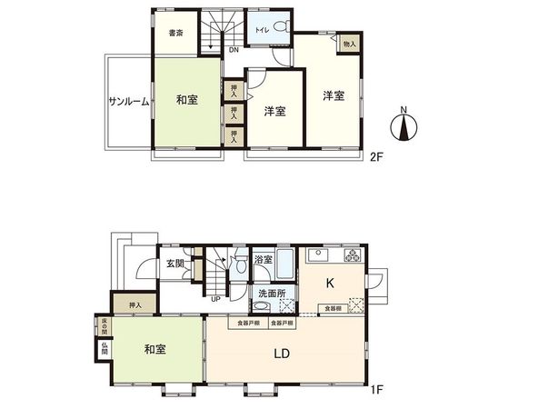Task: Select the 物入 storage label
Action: [x=350, y=44]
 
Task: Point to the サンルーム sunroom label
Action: [x=128, y=101]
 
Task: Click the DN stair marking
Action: [x=234, y=51]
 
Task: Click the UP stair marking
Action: [x=214, y=298]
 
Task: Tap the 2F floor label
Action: [x=376, y=155]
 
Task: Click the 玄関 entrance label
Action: [x=175, y=264]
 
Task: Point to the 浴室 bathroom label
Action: [x=263, y=261]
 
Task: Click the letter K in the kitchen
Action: [x=331, y=283]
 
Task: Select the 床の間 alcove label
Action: [x=105, y=324]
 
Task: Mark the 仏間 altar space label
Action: [x=105, y=347]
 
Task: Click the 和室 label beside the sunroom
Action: [x=187, y=99]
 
